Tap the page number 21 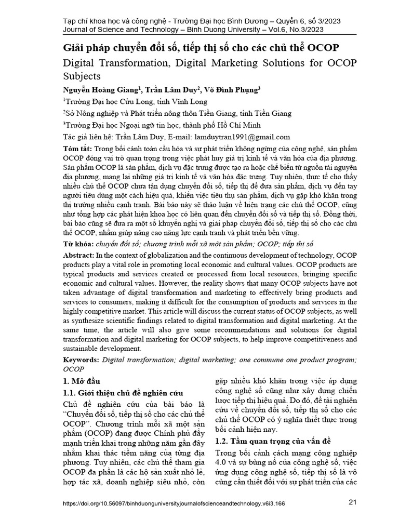pyautogui.click(x=352, y=502)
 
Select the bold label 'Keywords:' pyautogui.click(x=81, y=360)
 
